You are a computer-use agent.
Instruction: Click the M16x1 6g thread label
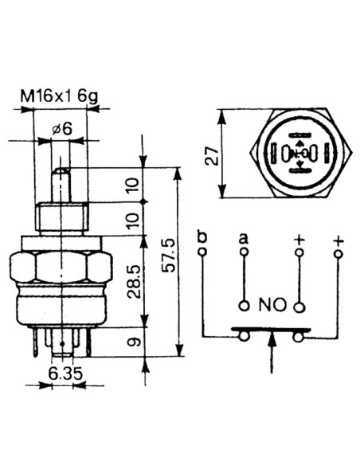click(x=59, y=96)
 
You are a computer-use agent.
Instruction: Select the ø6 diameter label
click(x=61, y=129)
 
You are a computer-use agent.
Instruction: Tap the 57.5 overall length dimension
click(x=169, y=255)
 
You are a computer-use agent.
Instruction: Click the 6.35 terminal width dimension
click(x=65, y=373)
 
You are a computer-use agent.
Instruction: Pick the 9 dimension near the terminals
click(x=134, y=342)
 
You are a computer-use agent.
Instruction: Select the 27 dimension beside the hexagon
click(x=212, y=156)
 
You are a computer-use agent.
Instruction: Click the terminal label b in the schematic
click(x=202, y=238)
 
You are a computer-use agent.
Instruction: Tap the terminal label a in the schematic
click(x=244, y=238)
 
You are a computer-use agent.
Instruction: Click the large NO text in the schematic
click(x=272, y=305)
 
